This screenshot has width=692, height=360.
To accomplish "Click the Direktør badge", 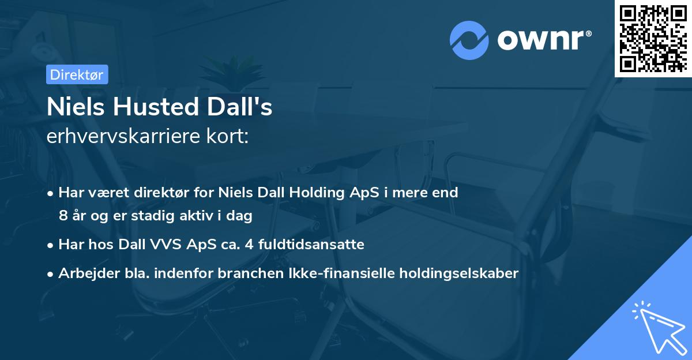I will point(76,74).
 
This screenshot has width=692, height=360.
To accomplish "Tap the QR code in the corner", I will point(653,38).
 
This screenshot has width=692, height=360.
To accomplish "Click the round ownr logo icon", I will point(469,40).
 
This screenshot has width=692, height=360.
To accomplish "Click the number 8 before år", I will point(63,216).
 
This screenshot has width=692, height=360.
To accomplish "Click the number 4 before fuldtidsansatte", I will point(248,245).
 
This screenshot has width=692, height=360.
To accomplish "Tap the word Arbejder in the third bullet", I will point(85,273).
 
